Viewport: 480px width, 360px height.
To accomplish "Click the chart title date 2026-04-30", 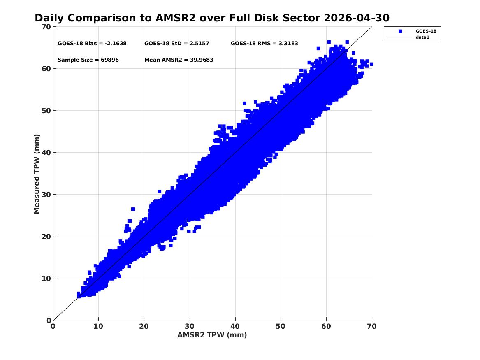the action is [x=356, y=18].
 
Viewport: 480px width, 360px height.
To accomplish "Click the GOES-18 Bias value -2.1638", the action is [x=116, y=44].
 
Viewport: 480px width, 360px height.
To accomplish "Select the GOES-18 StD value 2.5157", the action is [x=199, y=44].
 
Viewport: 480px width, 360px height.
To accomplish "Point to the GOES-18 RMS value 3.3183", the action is [x=288, y=44].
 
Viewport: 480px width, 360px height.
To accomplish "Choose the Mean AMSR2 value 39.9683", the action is [x=202, y=60].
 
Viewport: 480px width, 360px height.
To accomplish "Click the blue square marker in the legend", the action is [x=400, y=31].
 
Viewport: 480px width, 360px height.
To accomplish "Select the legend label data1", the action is [x=422, y=37].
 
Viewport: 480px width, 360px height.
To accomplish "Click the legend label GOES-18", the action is [x=426, y=31].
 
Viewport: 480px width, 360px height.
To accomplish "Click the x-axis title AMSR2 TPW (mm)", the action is [x=212, y=335].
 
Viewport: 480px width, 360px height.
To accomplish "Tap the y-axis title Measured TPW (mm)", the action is [x=37, y=174].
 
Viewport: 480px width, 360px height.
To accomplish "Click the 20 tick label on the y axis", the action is [x=46, y=237].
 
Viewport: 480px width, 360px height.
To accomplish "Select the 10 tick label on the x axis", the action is [x=99, y=326].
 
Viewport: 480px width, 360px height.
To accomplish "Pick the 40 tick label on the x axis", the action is [x=235, y=326].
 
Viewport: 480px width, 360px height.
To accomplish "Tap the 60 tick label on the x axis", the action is [x=326, y=326].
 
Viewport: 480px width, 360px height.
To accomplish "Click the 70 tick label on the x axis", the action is [x=372, y=326].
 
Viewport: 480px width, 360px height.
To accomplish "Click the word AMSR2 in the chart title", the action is [x=176, y=18].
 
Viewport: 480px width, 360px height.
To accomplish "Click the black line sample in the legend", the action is [x=400, y=37].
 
